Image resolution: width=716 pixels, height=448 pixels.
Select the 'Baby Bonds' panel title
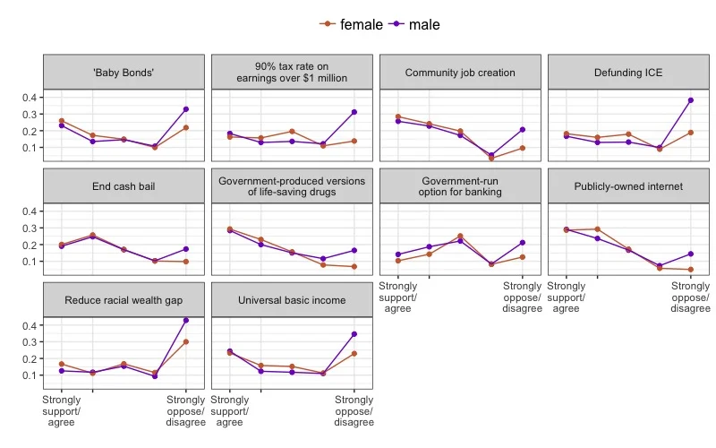124,73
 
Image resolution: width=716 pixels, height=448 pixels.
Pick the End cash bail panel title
124,186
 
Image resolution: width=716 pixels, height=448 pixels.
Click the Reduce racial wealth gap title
124,300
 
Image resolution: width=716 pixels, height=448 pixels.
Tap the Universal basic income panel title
292,300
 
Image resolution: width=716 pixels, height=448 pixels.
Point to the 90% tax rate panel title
292,73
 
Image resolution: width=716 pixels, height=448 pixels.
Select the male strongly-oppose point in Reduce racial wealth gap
185,320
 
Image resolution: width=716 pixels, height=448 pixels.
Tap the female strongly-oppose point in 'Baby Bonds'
185,128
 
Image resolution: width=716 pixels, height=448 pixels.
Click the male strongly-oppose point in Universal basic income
354,334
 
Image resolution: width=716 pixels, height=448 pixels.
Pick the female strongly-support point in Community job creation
397,116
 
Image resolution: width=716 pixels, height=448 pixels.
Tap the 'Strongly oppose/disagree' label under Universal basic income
354,411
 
